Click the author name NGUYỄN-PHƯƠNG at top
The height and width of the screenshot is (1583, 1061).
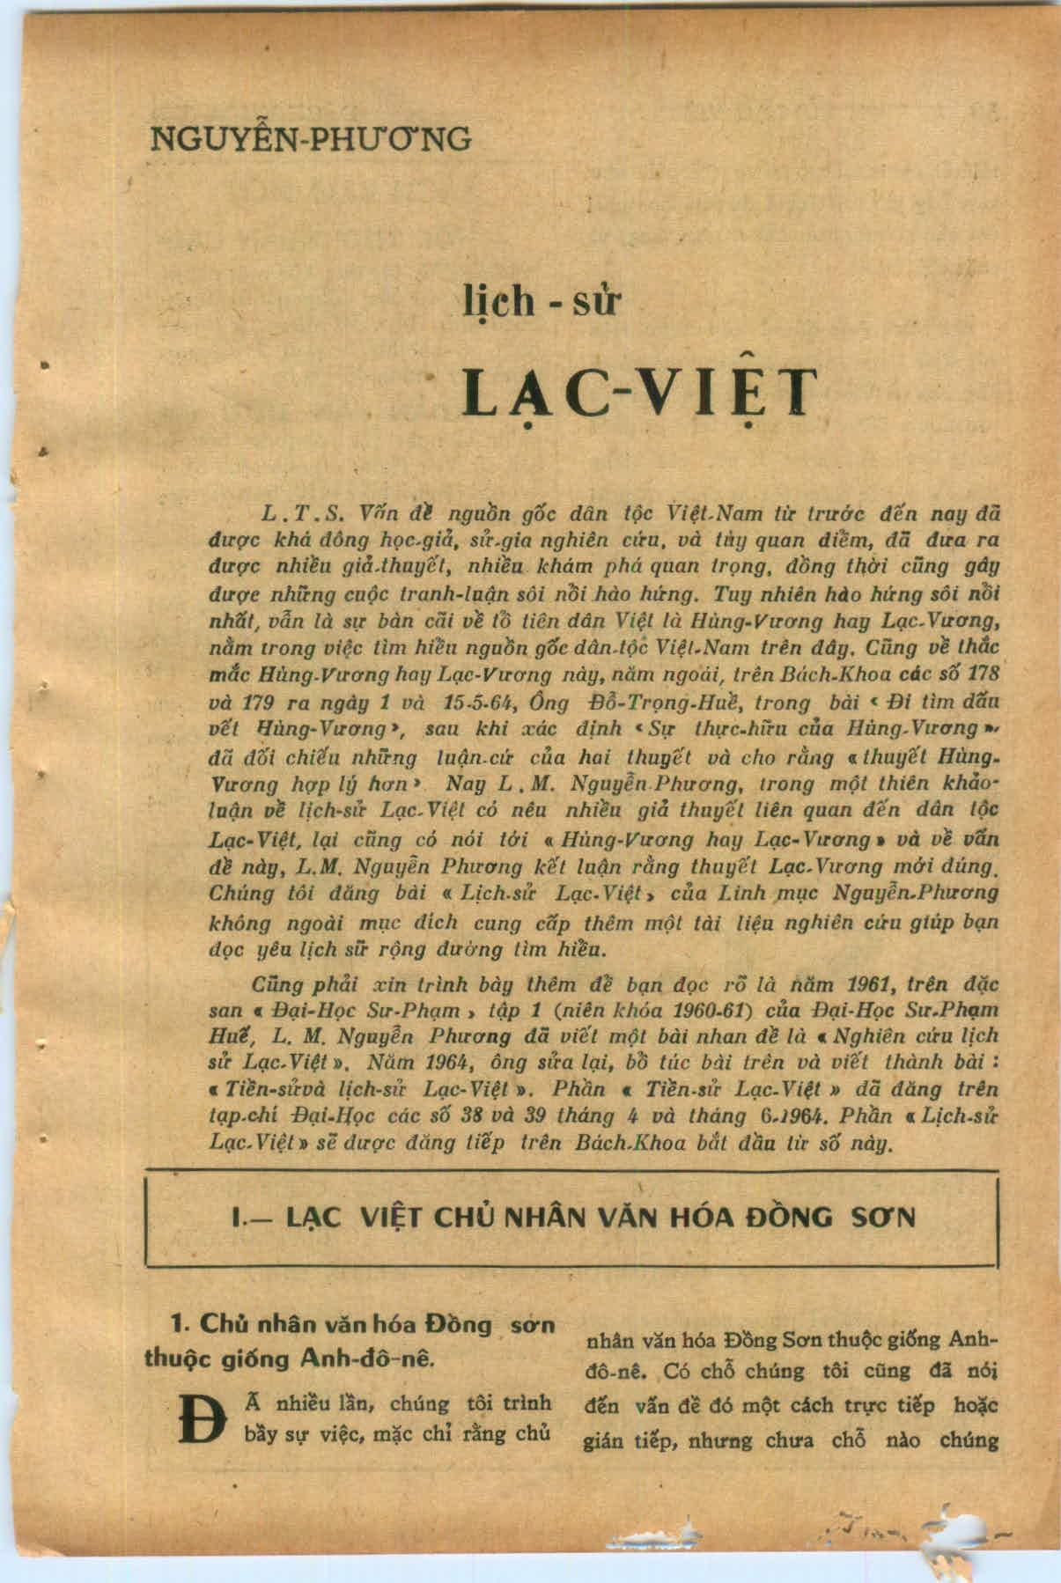click(311, 139)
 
